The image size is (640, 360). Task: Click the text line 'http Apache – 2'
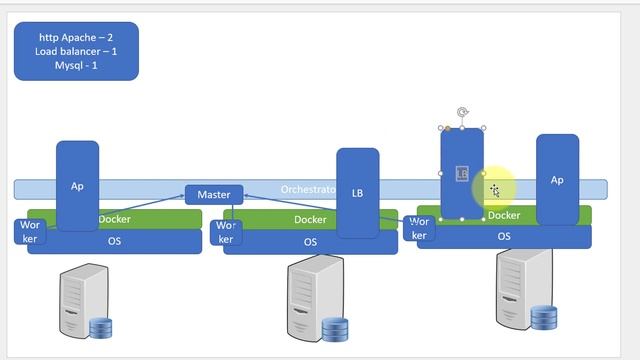[x=76, y=37]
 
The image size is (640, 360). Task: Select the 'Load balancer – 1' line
[x=76, y=51]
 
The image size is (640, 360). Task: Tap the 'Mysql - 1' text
[x=76, y=65]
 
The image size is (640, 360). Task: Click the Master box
[x=214, y=194]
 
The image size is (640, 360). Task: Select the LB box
[x=357, y=192]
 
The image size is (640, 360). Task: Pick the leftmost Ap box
[x=77, y=186]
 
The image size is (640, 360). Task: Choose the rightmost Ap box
[x=557, y=180]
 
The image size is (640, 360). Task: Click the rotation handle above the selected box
[x=461, y=113]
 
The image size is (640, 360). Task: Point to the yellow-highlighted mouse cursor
[x=494, y=189]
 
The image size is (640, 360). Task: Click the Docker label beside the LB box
[x=309, y=219]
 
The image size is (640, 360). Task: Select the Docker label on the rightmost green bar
[x=504, y=215]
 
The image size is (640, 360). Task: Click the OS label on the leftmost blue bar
[x=115, y=241]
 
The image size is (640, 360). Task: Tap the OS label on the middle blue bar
[x=310, y=242]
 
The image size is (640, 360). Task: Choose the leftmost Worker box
[x=29, y=232]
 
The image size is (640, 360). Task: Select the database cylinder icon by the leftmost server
[x=102, y=328]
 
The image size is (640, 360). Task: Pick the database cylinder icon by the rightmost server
[x=544, y=318]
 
